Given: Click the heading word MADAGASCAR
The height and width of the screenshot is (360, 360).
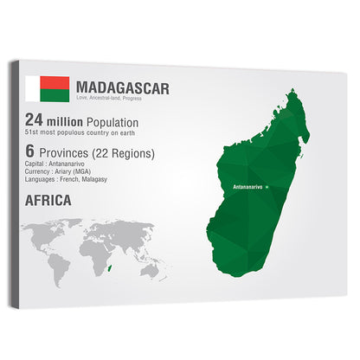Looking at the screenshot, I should (x=123, y=87).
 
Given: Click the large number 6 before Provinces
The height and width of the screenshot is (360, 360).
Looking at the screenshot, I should (x=30, y=152).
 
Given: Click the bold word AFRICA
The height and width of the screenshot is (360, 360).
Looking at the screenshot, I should (x=48, y=201).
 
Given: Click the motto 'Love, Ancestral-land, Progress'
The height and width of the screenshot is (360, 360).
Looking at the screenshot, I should (x=109, y=99).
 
